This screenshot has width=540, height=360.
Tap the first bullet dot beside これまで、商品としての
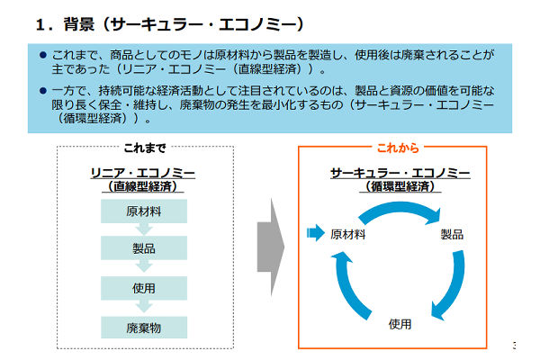coord(42,55)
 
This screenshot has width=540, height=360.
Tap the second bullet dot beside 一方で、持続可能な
coord(42,91)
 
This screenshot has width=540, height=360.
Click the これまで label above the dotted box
coord(144,147)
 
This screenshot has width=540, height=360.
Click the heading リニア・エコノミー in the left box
coord(143,172)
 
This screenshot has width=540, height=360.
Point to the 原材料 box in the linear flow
coord(143,211)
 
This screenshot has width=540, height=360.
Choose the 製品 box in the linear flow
coord(143,249)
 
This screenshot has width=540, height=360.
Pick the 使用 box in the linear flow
coord(143,288)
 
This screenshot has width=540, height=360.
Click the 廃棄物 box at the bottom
coord(143,327)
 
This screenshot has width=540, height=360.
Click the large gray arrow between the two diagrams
coord(271,244)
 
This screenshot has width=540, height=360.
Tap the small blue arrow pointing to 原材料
coord(314,234)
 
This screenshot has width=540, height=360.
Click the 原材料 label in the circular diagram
coord(347,234)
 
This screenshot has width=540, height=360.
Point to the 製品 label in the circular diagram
coord(452,234)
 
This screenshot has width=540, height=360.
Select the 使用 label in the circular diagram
coord(400,324)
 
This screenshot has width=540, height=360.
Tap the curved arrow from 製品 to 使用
coord(446,288)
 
